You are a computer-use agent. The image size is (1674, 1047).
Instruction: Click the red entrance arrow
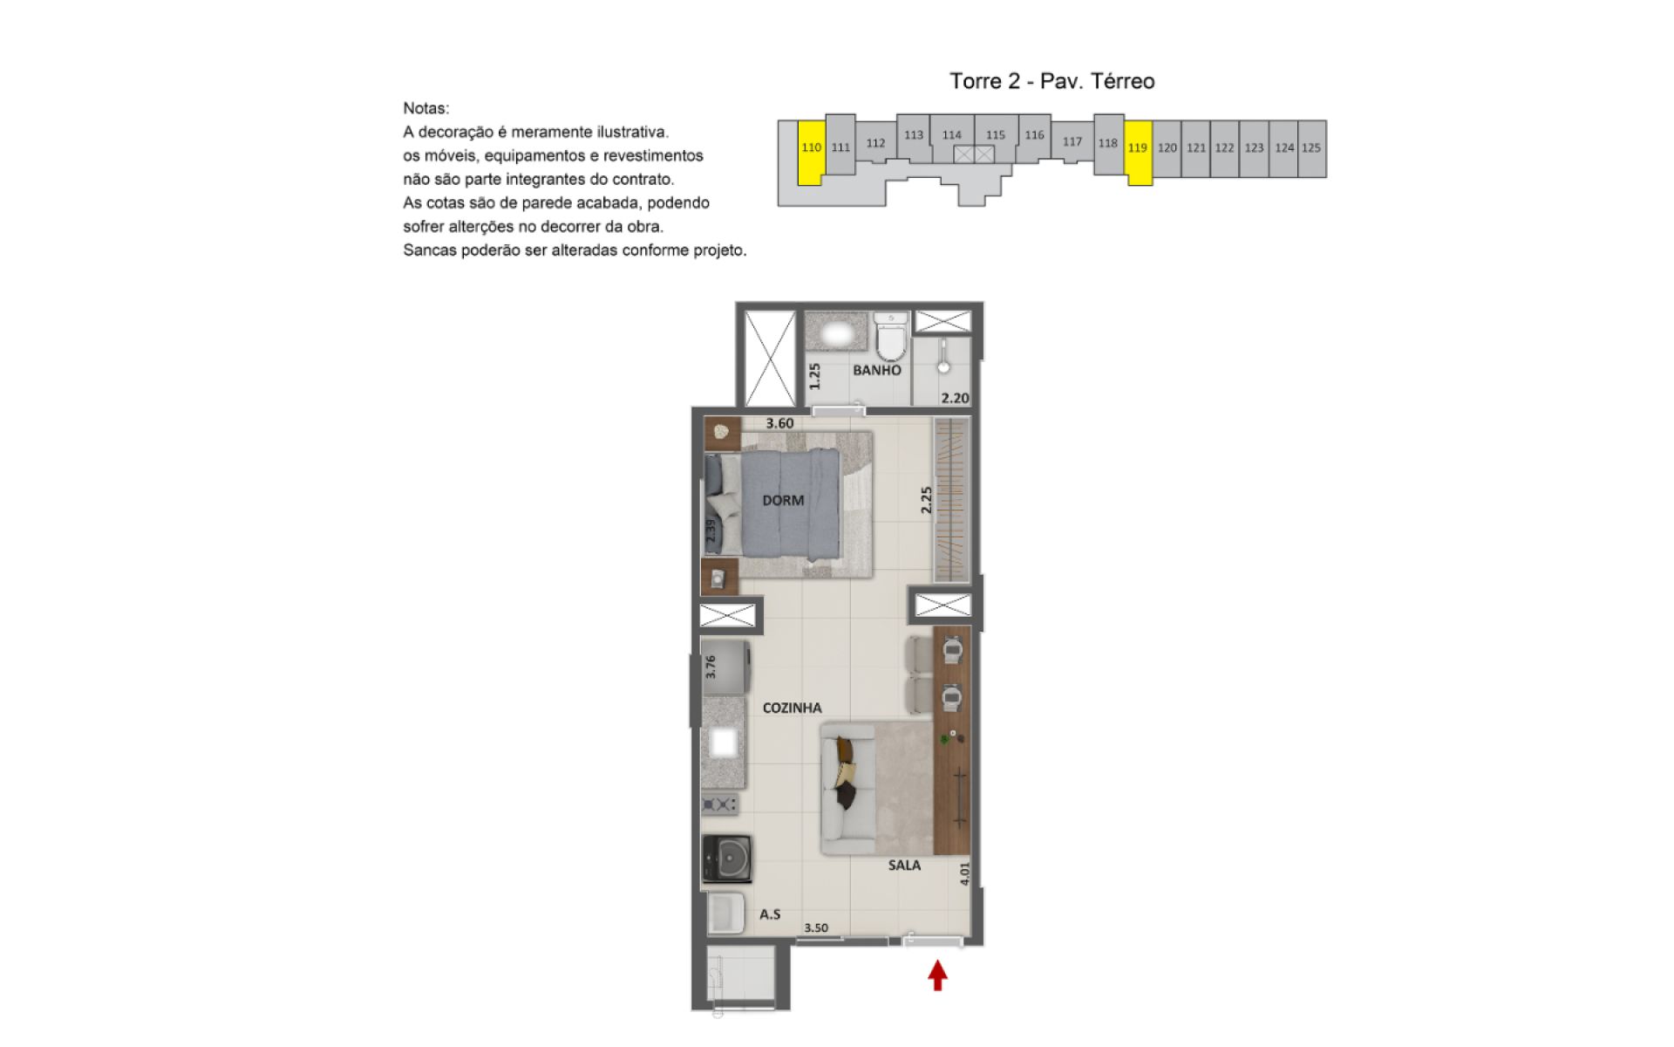point(937,975)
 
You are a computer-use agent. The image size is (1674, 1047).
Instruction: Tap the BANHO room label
point(877,370)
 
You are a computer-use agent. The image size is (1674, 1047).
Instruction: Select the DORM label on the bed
point(783,500)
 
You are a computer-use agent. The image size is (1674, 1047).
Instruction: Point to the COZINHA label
point(792,708)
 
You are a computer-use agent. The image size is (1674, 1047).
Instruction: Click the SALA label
point(904,866)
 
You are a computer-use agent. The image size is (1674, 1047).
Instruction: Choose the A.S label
point(770,914)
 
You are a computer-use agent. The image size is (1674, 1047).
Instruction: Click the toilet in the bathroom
point(891,338)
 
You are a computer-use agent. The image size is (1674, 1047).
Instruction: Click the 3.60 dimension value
point(779,423)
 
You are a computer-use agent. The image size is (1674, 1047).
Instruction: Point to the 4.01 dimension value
point(964,874)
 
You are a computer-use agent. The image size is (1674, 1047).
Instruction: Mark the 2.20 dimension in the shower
point(955,398)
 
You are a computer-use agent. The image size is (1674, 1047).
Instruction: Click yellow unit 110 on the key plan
point(811,153)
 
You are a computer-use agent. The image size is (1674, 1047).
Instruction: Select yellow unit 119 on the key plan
point(1138,153)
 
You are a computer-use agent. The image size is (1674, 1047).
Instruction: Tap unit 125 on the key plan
point(1311,148)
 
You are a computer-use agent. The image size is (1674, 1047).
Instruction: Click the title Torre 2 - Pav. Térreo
point(1052,81)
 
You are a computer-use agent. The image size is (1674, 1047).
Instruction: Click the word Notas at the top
point(426,109)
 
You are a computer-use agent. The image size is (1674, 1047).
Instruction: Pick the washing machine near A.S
point(727,859)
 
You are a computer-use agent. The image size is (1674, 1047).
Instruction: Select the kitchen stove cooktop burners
point(720,804)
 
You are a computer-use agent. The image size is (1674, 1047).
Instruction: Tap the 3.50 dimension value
point(816,928)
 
